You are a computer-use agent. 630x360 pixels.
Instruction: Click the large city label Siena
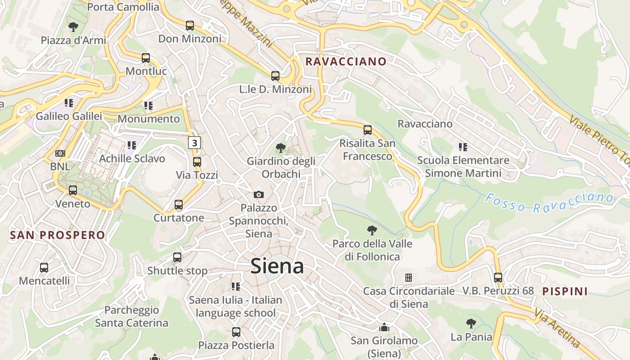(x=277, y=266)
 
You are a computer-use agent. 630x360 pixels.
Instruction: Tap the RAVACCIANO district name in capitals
(x=346, y=62)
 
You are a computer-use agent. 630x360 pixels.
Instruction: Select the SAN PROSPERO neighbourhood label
(x=57, y=235)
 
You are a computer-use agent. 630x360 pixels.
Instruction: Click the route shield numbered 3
(x=194, y=143)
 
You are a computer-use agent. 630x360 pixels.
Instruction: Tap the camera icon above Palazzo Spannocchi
(x=258, y=194)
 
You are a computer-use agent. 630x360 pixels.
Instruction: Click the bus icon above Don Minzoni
(x=190, y=26)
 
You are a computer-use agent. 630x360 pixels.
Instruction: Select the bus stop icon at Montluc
(x=146, y=58)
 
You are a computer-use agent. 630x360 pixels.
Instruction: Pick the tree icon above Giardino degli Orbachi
(x=281, y=148)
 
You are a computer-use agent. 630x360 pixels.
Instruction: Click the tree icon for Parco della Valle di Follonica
(x=372, y=230)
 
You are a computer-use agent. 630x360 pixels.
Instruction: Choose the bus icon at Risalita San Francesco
(x=368, y=130)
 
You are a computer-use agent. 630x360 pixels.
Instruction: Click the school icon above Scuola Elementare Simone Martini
(x=463, y=147)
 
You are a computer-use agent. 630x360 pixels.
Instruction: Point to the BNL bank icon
(x=60, y=153)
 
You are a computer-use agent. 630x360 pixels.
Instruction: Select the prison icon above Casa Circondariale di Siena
(x=409, y=278)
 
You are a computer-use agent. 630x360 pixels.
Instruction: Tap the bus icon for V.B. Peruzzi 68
(x=498, y=278)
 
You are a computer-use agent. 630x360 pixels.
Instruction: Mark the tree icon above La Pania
(x=471, y=323)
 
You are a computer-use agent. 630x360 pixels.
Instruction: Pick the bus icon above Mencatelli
(x=44, y=268)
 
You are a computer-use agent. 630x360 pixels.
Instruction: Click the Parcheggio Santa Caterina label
(x=131, y=316)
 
